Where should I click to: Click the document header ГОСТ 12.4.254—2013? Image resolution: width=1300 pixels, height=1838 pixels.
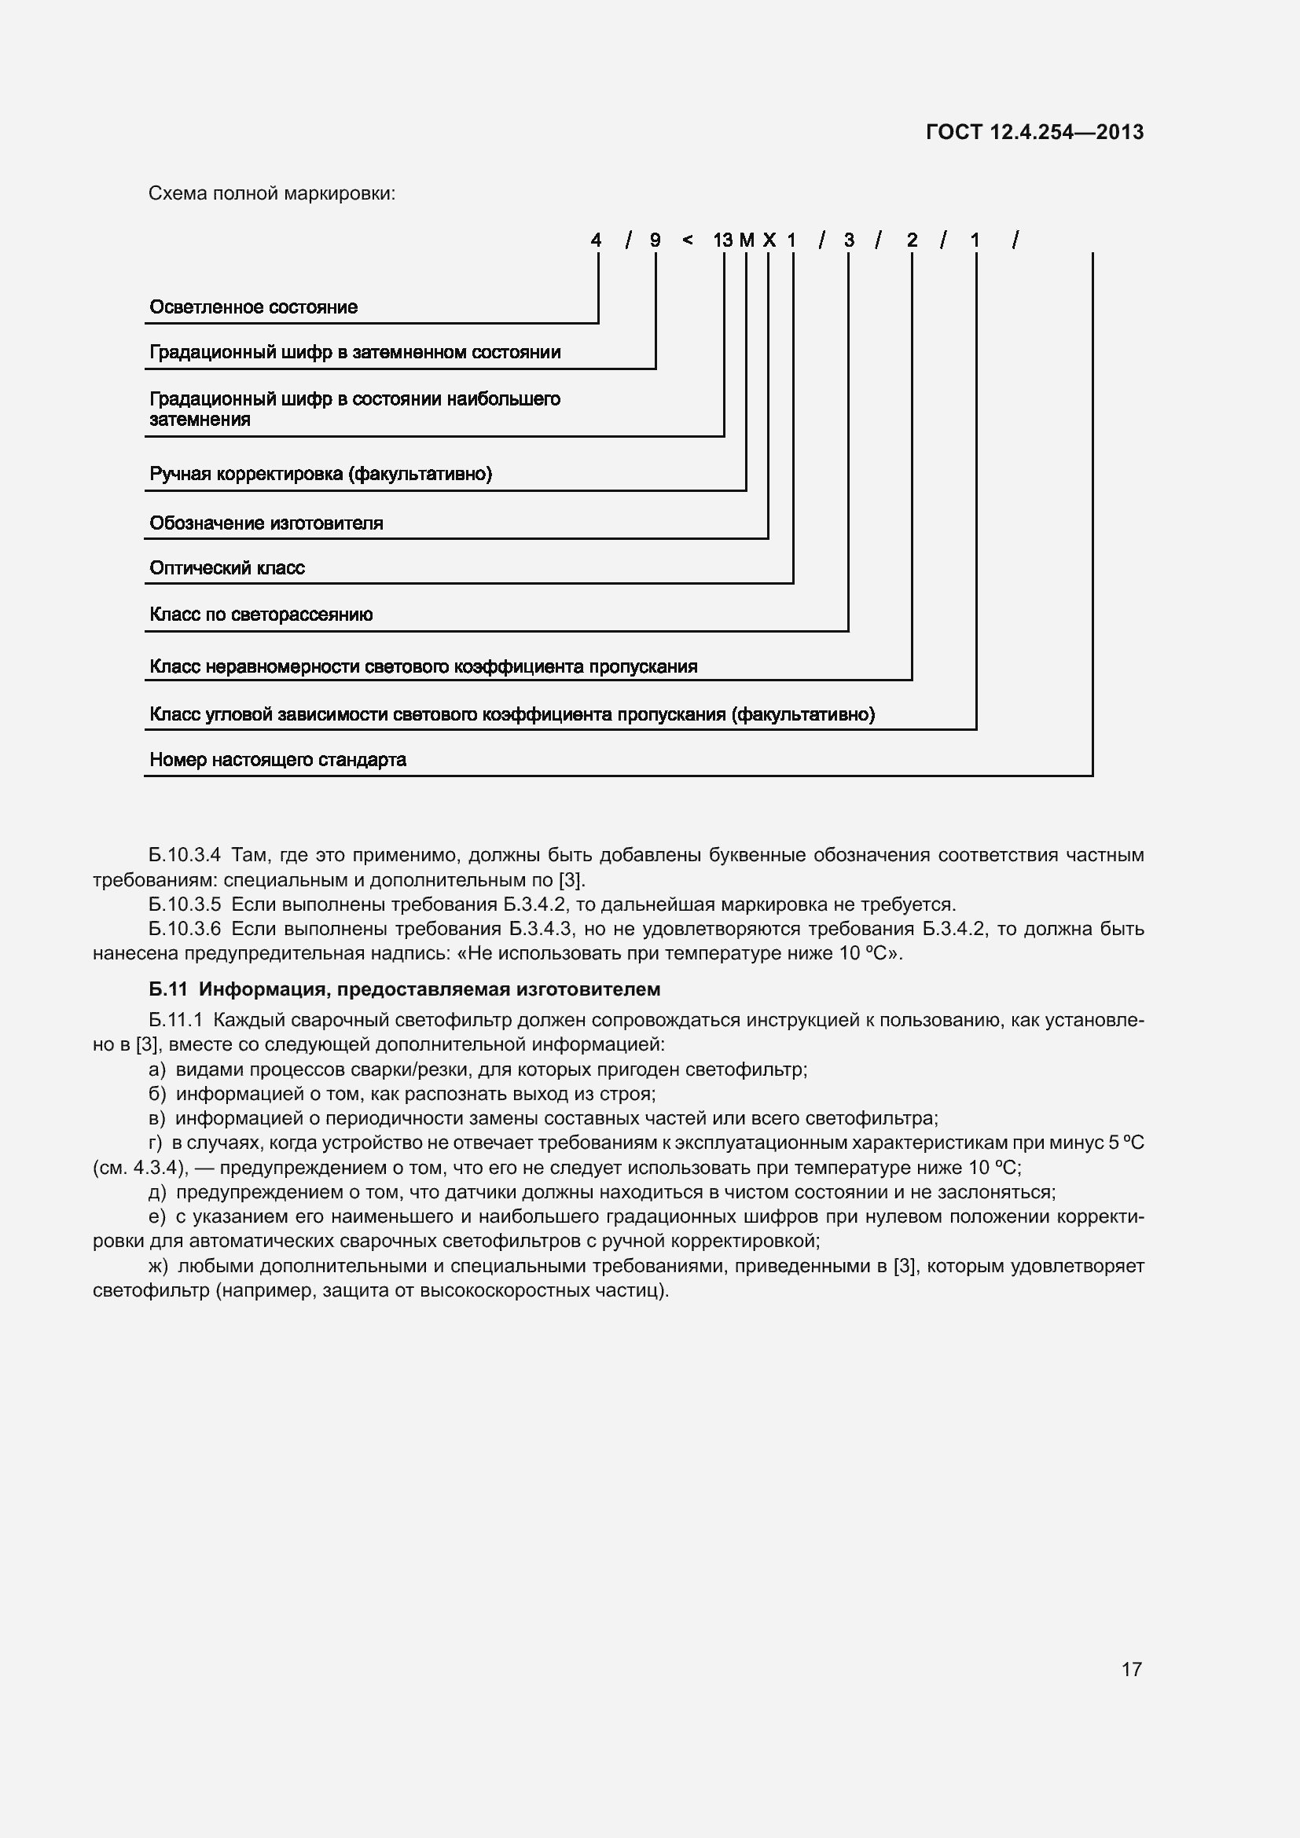pos(1034,132)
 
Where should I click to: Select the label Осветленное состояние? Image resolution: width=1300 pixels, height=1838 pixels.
pos(253,307)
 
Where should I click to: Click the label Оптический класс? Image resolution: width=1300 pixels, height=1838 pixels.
pos(226,568)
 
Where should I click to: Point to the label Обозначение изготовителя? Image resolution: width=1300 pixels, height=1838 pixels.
pos(266,523)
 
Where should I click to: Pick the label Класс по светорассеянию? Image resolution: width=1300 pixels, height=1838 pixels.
pos(261,615)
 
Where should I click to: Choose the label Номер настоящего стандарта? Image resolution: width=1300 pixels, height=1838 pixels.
pos(277,760)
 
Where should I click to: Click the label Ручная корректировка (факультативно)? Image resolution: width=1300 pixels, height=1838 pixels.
pos(320,474)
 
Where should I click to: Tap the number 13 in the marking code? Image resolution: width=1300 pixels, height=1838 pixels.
pos(722,240)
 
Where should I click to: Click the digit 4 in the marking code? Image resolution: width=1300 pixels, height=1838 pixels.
pos(596,240)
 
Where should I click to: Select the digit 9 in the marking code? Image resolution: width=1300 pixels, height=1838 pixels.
pos(655,240)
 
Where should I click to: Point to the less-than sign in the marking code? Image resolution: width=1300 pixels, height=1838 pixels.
pos(687,240)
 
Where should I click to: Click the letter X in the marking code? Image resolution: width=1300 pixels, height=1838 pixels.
pos(769,240)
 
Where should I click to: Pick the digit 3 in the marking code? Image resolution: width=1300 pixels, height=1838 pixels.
pos(849,240)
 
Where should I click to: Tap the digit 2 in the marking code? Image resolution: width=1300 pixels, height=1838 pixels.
pos(912,240)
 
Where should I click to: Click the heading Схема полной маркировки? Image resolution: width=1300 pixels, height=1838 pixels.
pos(272,194)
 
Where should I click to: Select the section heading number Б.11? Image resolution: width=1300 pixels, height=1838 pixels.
pos(167,989)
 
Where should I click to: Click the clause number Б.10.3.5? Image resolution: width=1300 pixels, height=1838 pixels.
pos(184,904)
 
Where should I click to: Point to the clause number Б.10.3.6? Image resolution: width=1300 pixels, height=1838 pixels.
pos(184,930)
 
